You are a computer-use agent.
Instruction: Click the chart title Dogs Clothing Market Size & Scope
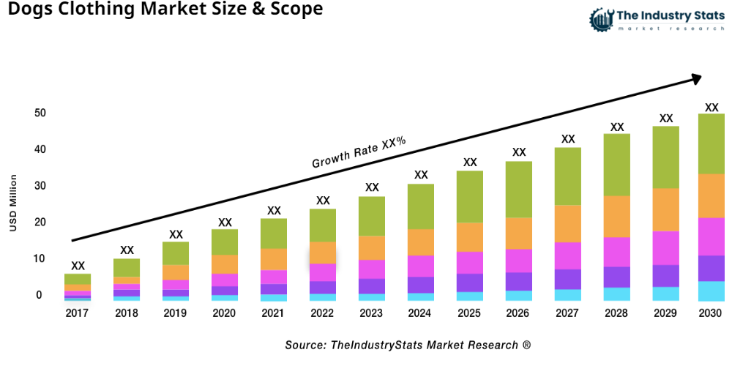click(161, 10)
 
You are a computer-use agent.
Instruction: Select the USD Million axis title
click(12, 203)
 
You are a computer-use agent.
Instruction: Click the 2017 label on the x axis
click(78, 313)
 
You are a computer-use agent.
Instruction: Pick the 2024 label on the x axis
click(421, 313)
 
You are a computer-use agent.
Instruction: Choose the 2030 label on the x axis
click(711, 313)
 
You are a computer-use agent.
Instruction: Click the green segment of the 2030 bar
click(711, 143)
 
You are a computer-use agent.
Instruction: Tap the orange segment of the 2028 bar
click(617, 217)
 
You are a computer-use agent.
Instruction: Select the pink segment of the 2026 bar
click(519, 261)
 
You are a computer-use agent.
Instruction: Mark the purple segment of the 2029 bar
click(665, 275)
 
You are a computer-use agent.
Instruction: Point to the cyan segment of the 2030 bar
click(711, 291)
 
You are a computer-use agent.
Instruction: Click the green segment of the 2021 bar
click(274, 234)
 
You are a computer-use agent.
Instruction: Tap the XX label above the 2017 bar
click(78, 266)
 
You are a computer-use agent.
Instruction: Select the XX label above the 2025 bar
click(470, 163)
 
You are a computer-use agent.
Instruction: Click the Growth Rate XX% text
click(359, 152)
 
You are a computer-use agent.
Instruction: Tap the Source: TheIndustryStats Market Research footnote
click(408, 345)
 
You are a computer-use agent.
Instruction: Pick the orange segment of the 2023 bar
click(372, 247)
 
